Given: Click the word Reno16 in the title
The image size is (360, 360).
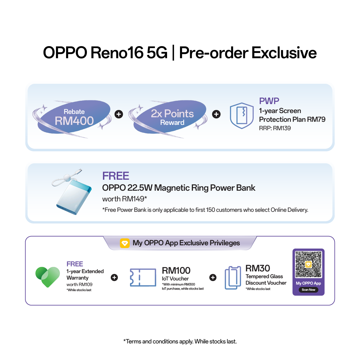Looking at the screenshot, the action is (x=117, y=53).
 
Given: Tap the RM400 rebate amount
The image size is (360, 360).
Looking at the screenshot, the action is (x=74, y=121).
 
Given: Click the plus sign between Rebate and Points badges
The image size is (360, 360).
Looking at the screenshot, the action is (x=119, y=114).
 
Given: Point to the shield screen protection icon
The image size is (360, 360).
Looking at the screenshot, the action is (x=242, y=116).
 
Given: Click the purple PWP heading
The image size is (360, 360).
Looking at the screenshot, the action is (x=269, y=101).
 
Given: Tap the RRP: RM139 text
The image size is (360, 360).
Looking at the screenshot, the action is (x=275, y=128).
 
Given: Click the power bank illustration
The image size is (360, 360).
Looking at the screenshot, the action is (x=72, y=192).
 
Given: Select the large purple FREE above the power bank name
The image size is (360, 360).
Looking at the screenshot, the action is (x=116, y=176).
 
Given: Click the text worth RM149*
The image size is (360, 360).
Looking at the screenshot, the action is (x=125, y=199).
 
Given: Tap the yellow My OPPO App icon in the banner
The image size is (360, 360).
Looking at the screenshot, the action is (x=125, y=243).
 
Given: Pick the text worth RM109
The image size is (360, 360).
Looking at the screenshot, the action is (x=79, y=284).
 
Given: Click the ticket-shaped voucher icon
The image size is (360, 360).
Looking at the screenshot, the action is (x=143, y=277).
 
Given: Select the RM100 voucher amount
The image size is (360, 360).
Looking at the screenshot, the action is (x=176, y=270).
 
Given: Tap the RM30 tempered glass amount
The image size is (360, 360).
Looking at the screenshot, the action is (x=258, y=268).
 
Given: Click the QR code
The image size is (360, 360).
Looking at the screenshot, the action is (x=308, y=264).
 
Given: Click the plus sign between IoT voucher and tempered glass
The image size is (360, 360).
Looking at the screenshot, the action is (x=213, y=277).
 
